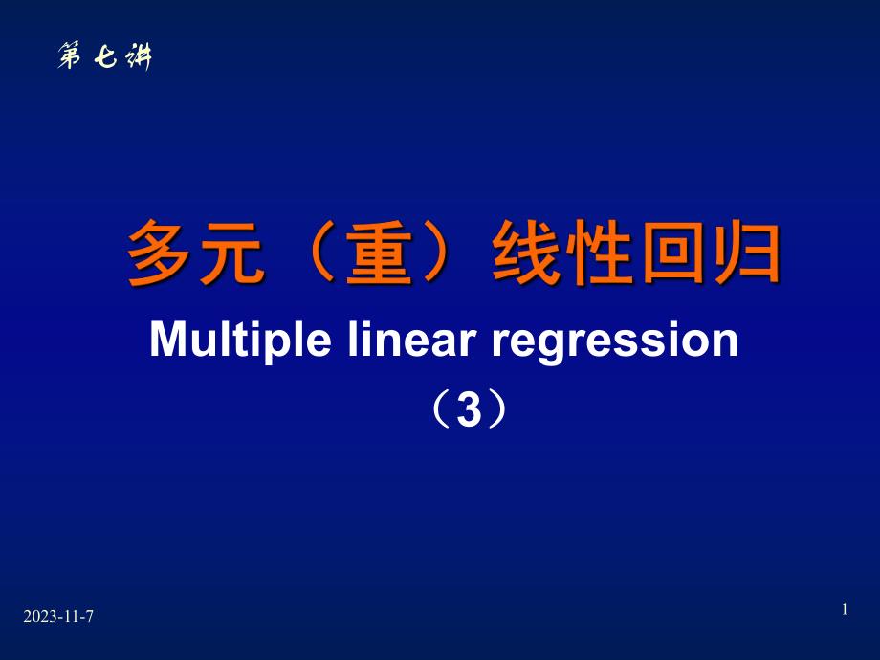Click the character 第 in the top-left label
tap(71, 58)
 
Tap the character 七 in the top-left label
tap(104, 58)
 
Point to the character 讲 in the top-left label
tap(137, 58)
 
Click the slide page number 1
tap(845, 609)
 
